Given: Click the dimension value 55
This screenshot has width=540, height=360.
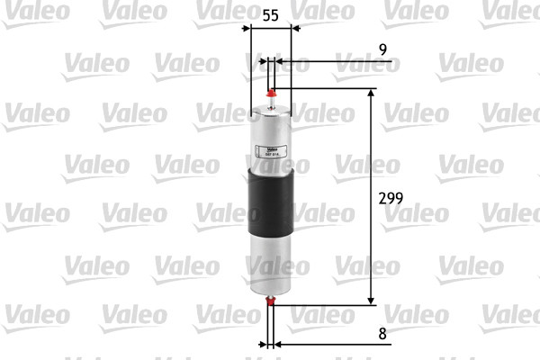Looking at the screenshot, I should (x=269, y=15).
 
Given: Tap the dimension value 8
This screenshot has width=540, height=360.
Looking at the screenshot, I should (x=382, y=334).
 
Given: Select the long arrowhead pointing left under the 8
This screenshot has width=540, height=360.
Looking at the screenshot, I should (x=279, y=344).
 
